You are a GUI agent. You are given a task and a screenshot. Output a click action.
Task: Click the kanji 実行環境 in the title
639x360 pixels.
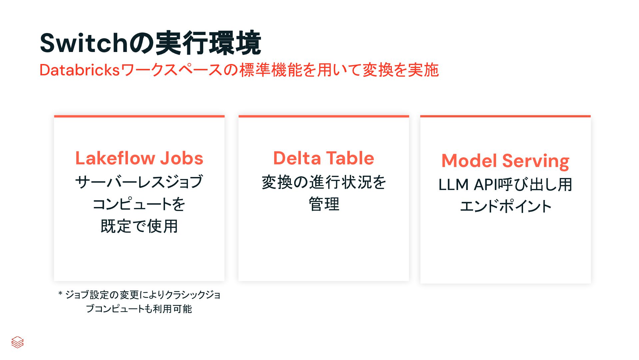coord(208,43)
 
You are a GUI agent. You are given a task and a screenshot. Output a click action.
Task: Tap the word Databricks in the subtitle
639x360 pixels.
coord(79,70)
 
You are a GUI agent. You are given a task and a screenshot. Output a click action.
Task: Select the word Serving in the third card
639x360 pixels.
coord(536,161)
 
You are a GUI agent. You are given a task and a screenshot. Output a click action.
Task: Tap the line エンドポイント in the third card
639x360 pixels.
coord(505,206)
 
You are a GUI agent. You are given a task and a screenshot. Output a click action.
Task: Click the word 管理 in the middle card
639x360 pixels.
coord(324,204)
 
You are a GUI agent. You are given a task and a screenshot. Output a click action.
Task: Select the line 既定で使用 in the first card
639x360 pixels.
coord(139,226)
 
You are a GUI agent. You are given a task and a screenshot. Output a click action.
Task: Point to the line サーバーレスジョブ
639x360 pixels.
coord(139,182)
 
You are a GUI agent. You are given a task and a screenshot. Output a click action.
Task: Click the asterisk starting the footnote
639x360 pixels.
coord(60,294)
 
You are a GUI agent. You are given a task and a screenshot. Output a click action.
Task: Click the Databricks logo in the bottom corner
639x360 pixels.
coord(17,342)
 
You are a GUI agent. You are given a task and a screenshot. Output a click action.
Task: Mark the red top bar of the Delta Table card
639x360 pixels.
coord(323,116)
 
